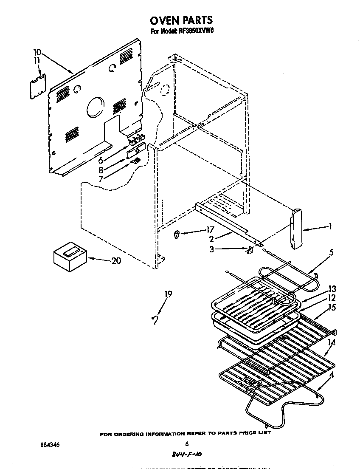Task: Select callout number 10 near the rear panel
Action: pos(37,52)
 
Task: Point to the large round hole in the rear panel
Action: pos(95,106)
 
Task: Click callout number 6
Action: pos(101,161)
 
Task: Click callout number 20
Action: pos(115,261)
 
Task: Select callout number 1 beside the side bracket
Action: pos(330,227)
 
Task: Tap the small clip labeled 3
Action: pos(250,250)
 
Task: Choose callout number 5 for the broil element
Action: pos(331,252)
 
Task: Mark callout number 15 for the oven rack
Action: pos(332,307)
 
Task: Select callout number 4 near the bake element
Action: pos(331,375)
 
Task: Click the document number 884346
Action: pos(50,445)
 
